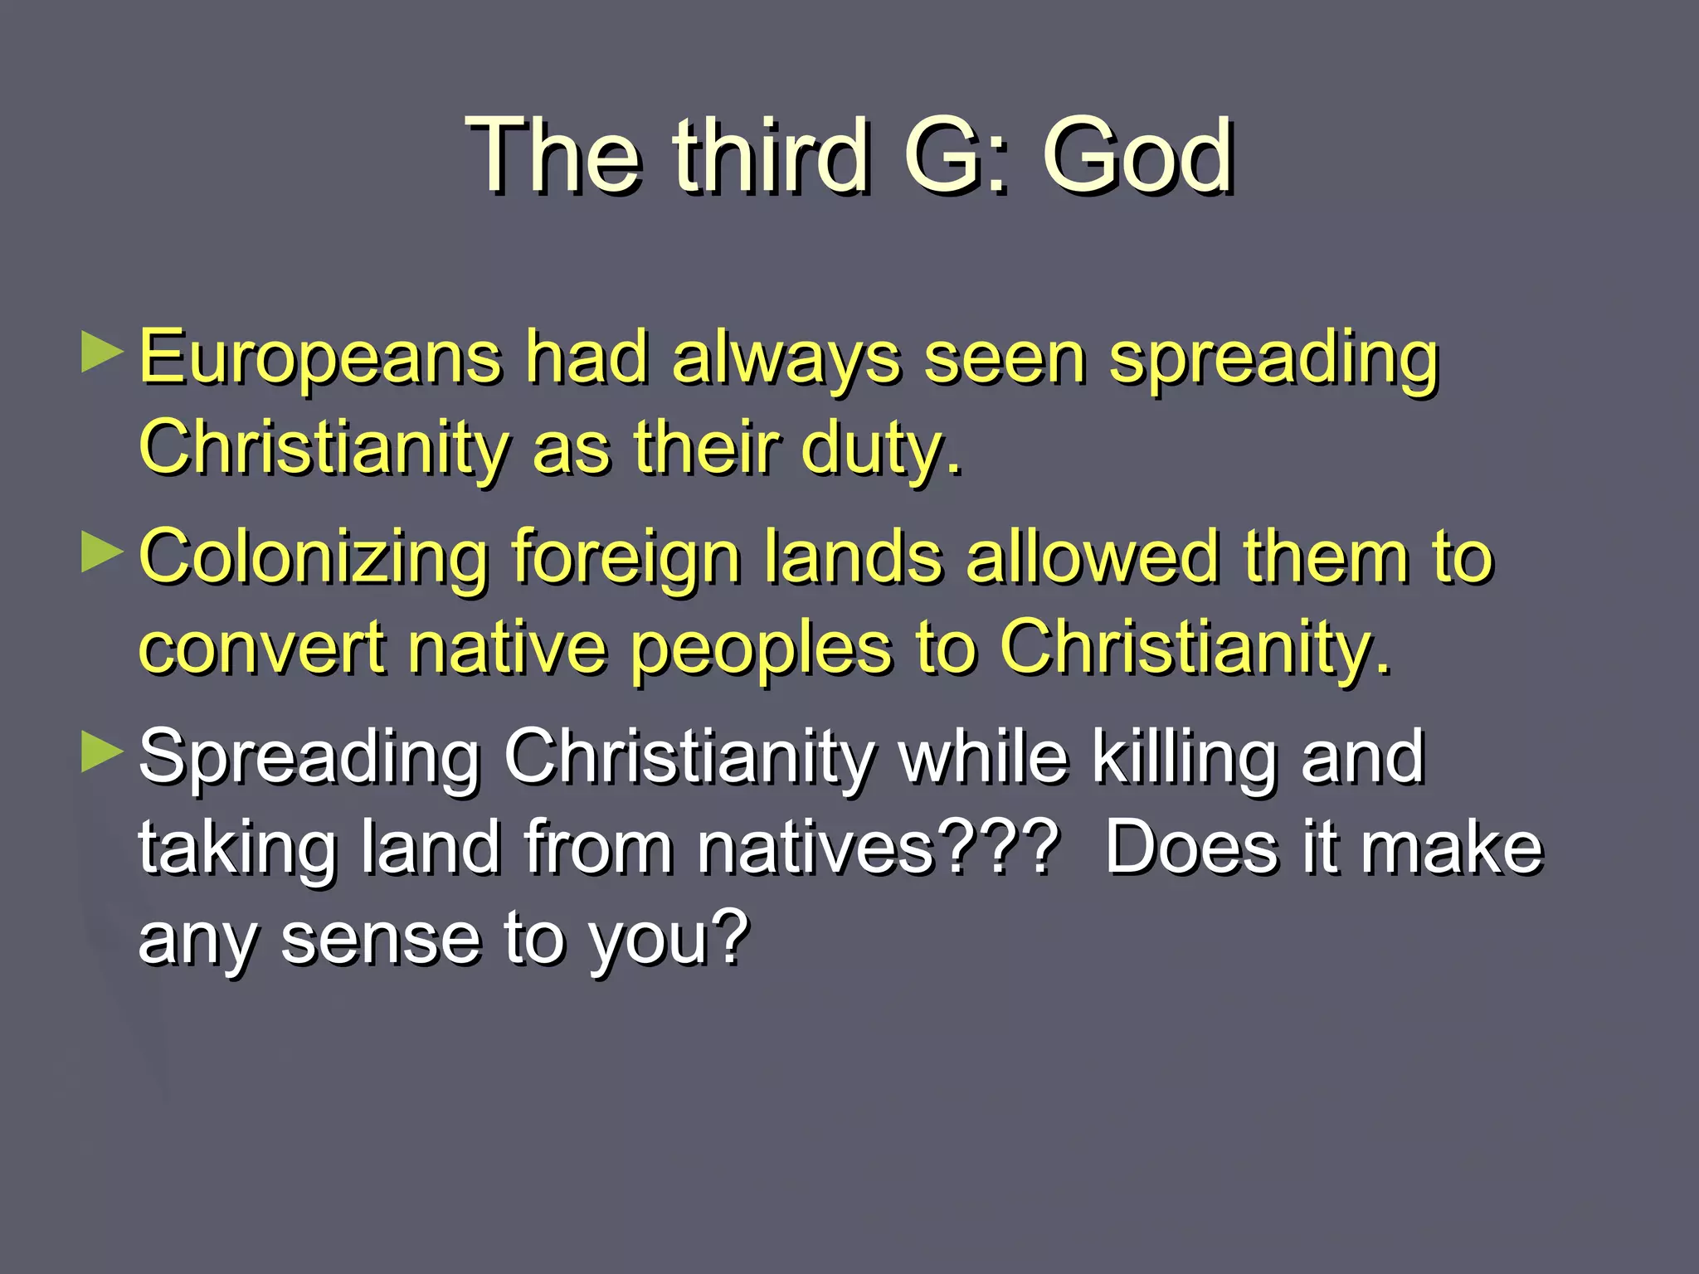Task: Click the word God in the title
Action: point(1137,155)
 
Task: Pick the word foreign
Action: point(626,557)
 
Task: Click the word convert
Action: point(262,648)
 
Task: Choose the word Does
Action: point(1191,848)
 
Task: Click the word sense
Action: point(381,938)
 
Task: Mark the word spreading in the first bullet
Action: point(1274,358)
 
